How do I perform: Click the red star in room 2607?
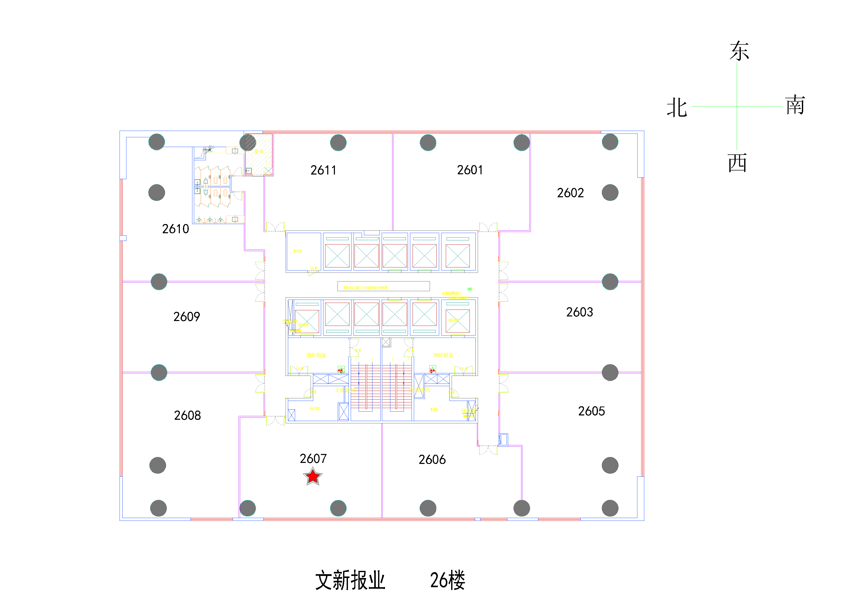pyautogui.click(x=313, y=477)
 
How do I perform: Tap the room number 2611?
pyautogui.click(x=323, y=170)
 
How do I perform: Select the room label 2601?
pyautogui.click(x=470, y=170)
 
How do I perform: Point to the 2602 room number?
pyautogui.click(x=570, y=193)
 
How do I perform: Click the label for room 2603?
pyautogui.click(x=579, y=312)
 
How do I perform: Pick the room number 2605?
pyautogui.click(x=591, y=411)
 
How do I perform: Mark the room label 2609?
pyautogui.click(x=186, y=317)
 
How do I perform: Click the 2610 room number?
pyautogui.click(x=175, y=229)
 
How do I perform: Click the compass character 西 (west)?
pyautogui.click(x=738, y=163)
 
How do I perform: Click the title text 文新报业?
pyautogui.click(x=350, y=580)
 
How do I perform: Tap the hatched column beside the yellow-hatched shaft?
pyautogui.click(x=248, y=142)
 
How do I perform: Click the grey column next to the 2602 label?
pyautogui.click(x=610, y=193)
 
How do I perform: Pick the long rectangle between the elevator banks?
pyautogui.click(x=383, y=286)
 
